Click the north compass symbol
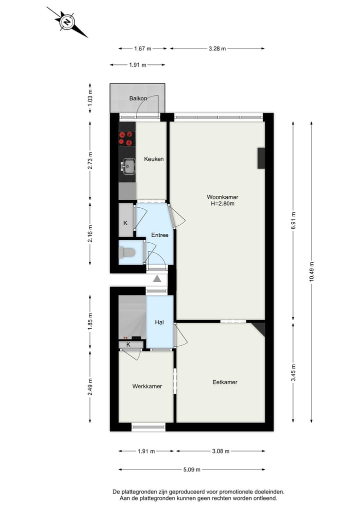pyautogui.click(x=66, y=22)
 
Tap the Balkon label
pyautogui.click(x=138, y=98)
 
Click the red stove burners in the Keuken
pyautogui.click(x=127, y=138)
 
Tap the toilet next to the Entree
pyautogui.click(x=128, y=253)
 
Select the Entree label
pyautogui.click(x=159, y=235)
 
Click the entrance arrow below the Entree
pyautogui.click(x=157, y=279)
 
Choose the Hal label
pyautogui.click(x=159, y=323)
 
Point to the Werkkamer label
pyautogui.click(x=147, y=386)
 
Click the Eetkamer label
pyautogui.click(x=224, y=382)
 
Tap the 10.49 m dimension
pyautogui.click(x=312, y=272)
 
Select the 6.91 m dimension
pyautogui.click(x=293, y=221)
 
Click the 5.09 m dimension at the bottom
pyautogui.click(x=191, y=470)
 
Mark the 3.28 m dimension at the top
pyautogui.click(x=216, y=48)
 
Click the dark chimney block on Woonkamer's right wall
pyautogui.click(x=261, y=158)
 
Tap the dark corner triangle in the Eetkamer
pyautogui.click(x=259, y=328)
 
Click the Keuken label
pyautogui.click(x=153, y=159)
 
